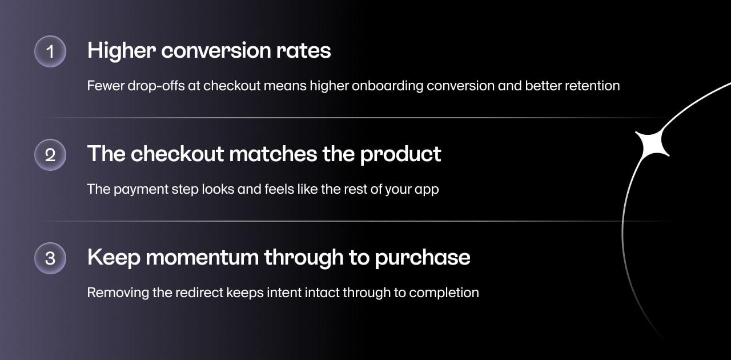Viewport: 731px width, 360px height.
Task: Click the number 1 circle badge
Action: (x=50, y=51)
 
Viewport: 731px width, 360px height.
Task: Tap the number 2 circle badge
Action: (x=50, y=155)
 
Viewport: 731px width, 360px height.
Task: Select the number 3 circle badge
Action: (x=50, y=258)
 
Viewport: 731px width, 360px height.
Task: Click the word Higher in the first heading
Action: (x=121, y=51)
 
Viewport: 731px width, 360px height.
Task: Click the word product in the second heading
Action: (x=400, y=154)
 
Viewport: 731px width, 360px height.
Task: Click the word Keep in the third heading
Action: (x=114, y=258)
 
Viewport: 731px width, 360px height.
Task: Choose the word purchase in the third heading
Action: (x=422, y=258)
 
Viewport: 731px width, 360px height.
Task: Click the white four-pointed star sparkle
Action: (x=652, y=144)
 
